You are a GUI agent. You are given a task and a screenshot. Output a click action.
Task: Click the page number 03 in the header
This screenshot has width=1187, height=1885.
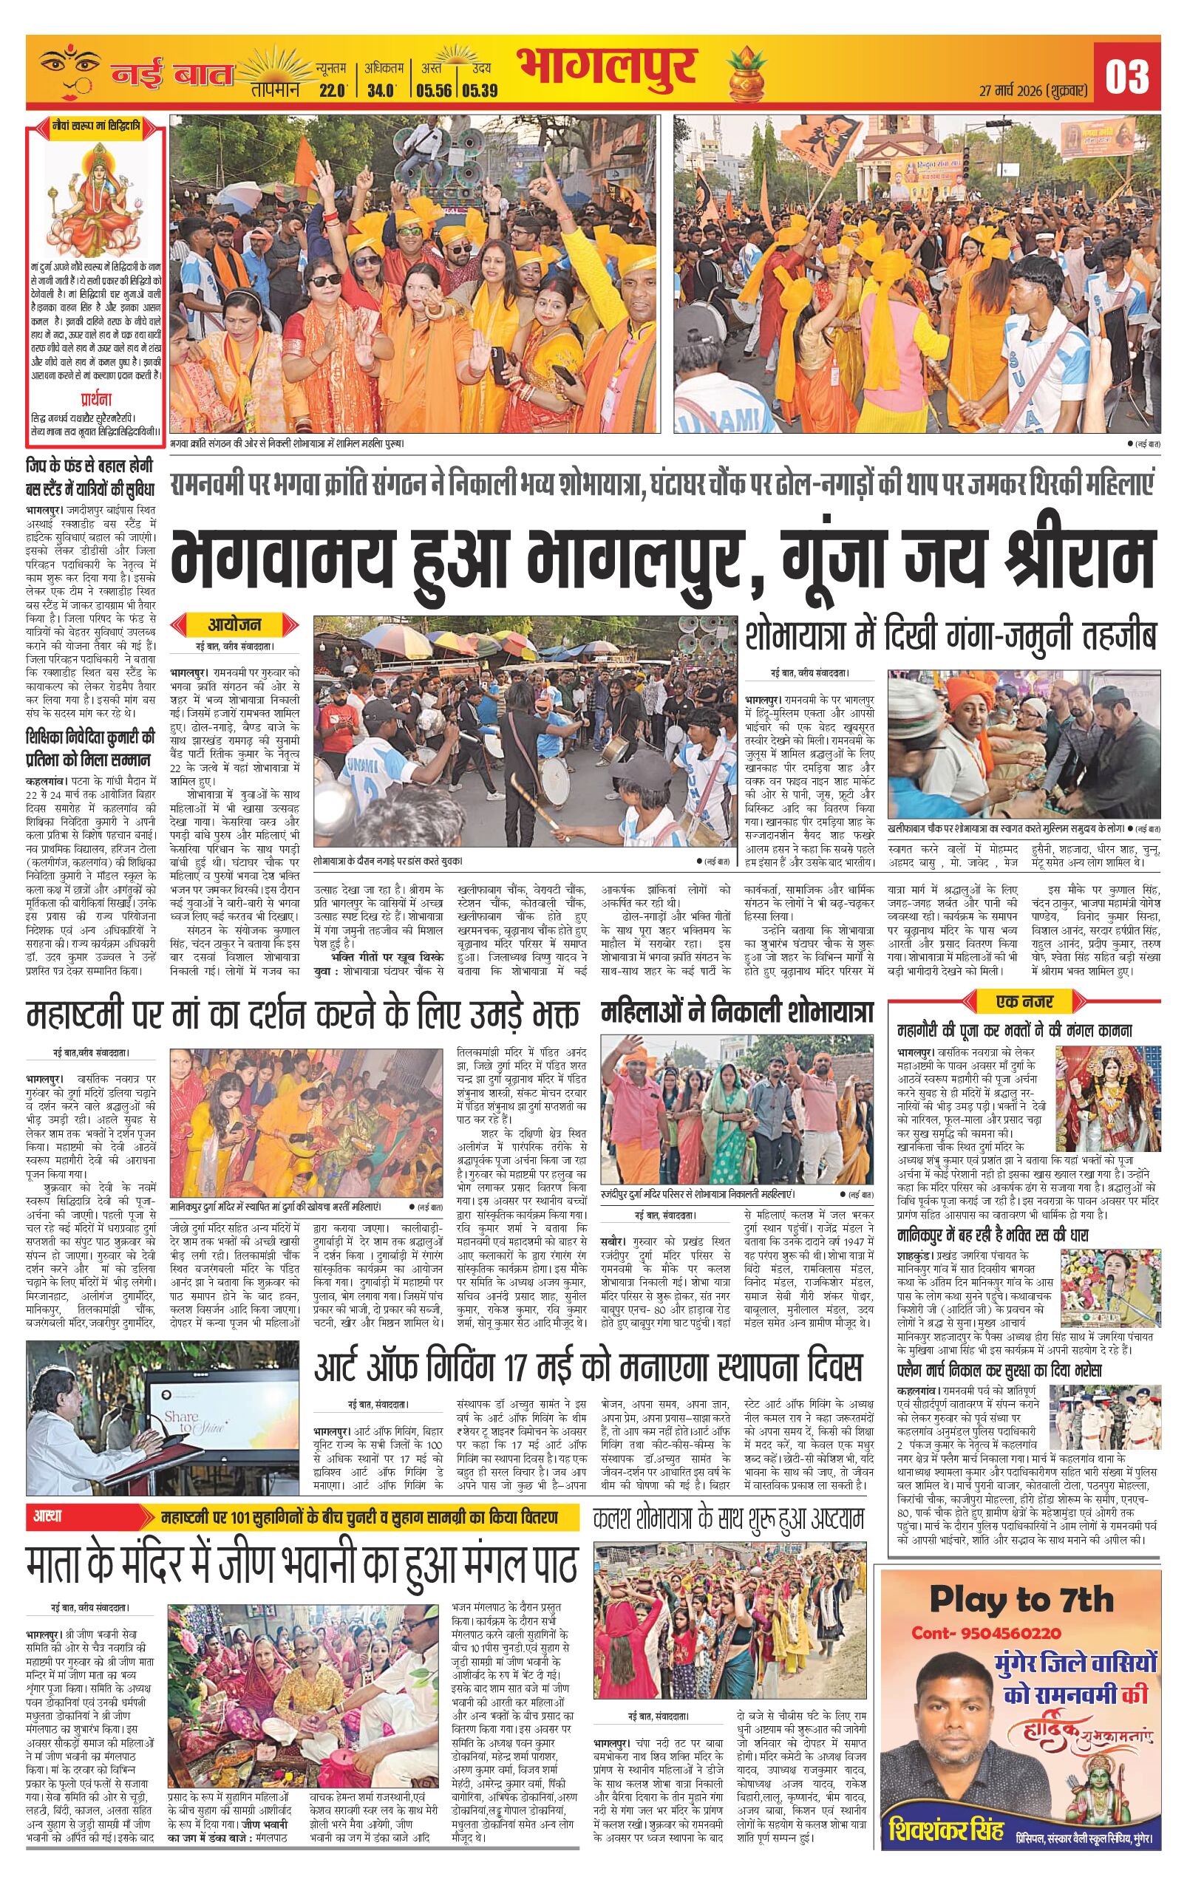point(1126,77)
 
